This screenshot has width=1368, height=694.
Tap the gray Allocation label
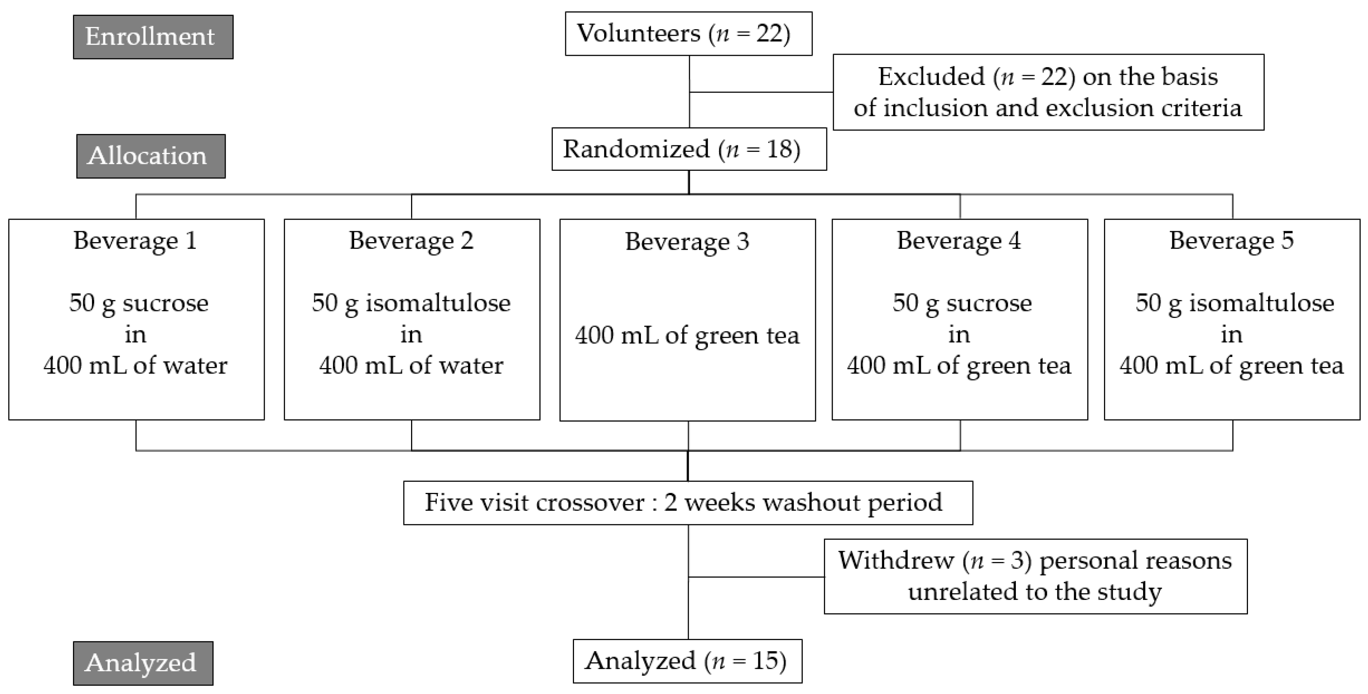click(150, 156)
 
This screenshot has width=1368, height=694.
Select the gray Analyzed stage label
click(143, 663)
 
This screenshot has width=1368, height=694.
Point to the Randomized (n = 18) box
click(688, 149)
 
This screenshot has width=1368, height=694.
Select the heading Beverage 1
click(135, 240)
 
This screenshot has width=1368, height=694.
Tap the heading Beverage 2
click(411, 240)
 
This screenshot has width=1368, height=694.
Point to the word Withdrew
click(896, 560)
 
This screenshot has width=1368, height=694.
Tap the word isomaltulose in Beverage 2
click(438, 303)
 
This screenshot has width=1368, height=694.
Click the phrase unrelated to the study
click(1034, 592)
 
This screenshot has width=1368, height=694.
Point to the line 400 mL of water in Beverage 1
click(135, 365)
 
